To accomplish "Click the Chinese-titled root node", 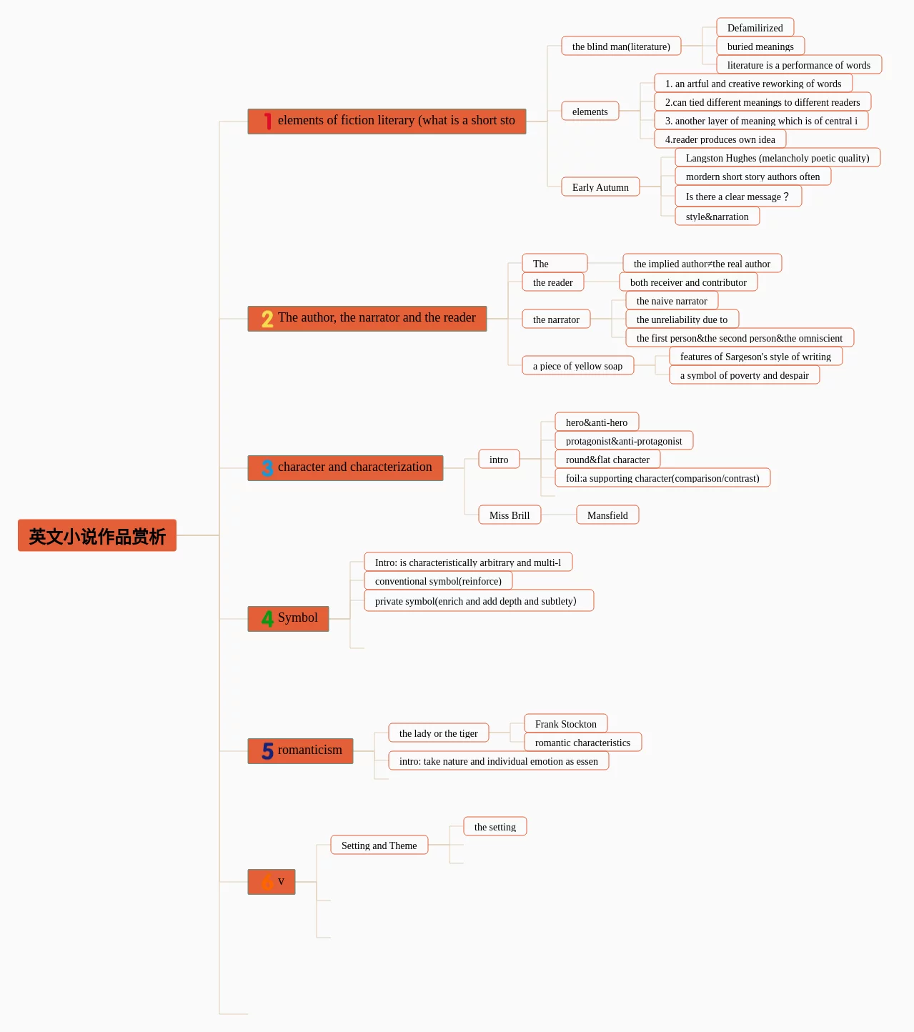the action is pyautogui.click(x=96, y=535).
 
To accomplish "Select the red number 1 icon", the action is pyautogui.click(x=267, y=121).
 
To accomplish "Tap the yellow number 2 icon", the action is pyautogui.click(x=267, y=319).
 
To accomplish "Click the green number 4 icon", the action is pyautogui.click(x=267, y=619).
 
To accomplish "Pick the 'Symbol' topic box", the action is pyautogui.click(x=289, y=619).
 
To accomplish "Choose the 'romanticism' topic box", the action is pyautogui.click(x=301, y=751).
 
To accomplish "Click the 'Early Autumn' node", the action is pyautogui.click(x=600, y=187).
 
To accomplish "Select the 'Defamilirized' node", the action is pyautogui.click(x=755, y=27).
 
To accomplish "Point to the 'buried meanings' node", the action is pyautogui.click(x=760, y=46).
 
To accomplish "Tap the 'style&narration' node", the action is pyautogui.click(x=717, y=217).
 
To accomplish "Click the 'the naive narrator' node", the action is pyautogui.click(x=672, y=301).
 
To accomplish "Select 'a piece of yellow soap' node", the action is pyautogui.click(x=577, y=366).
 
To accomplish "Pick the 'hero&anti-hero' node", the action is pyautogui.click(x=597, y=422).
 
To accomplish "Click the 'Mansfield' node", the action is pyautogui.click(x=607, y=515).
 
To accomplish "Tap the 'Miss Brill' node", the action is pyautogui.click(x=510, y=515).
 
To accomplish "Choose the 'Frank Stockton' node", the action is pyautogui.click(x=565, y=724).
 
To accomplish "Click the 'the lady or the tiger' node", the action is pyautogui.click(x=439, y=733).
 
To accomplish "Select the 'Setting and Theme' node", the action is pyautogui.click(x=379, y=845).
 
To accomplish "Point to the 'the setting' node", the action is pyautogui.click(x=495, y=827).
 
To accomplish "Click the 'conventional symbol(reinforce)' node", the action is pyautogui.click(x=438, y=581).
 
